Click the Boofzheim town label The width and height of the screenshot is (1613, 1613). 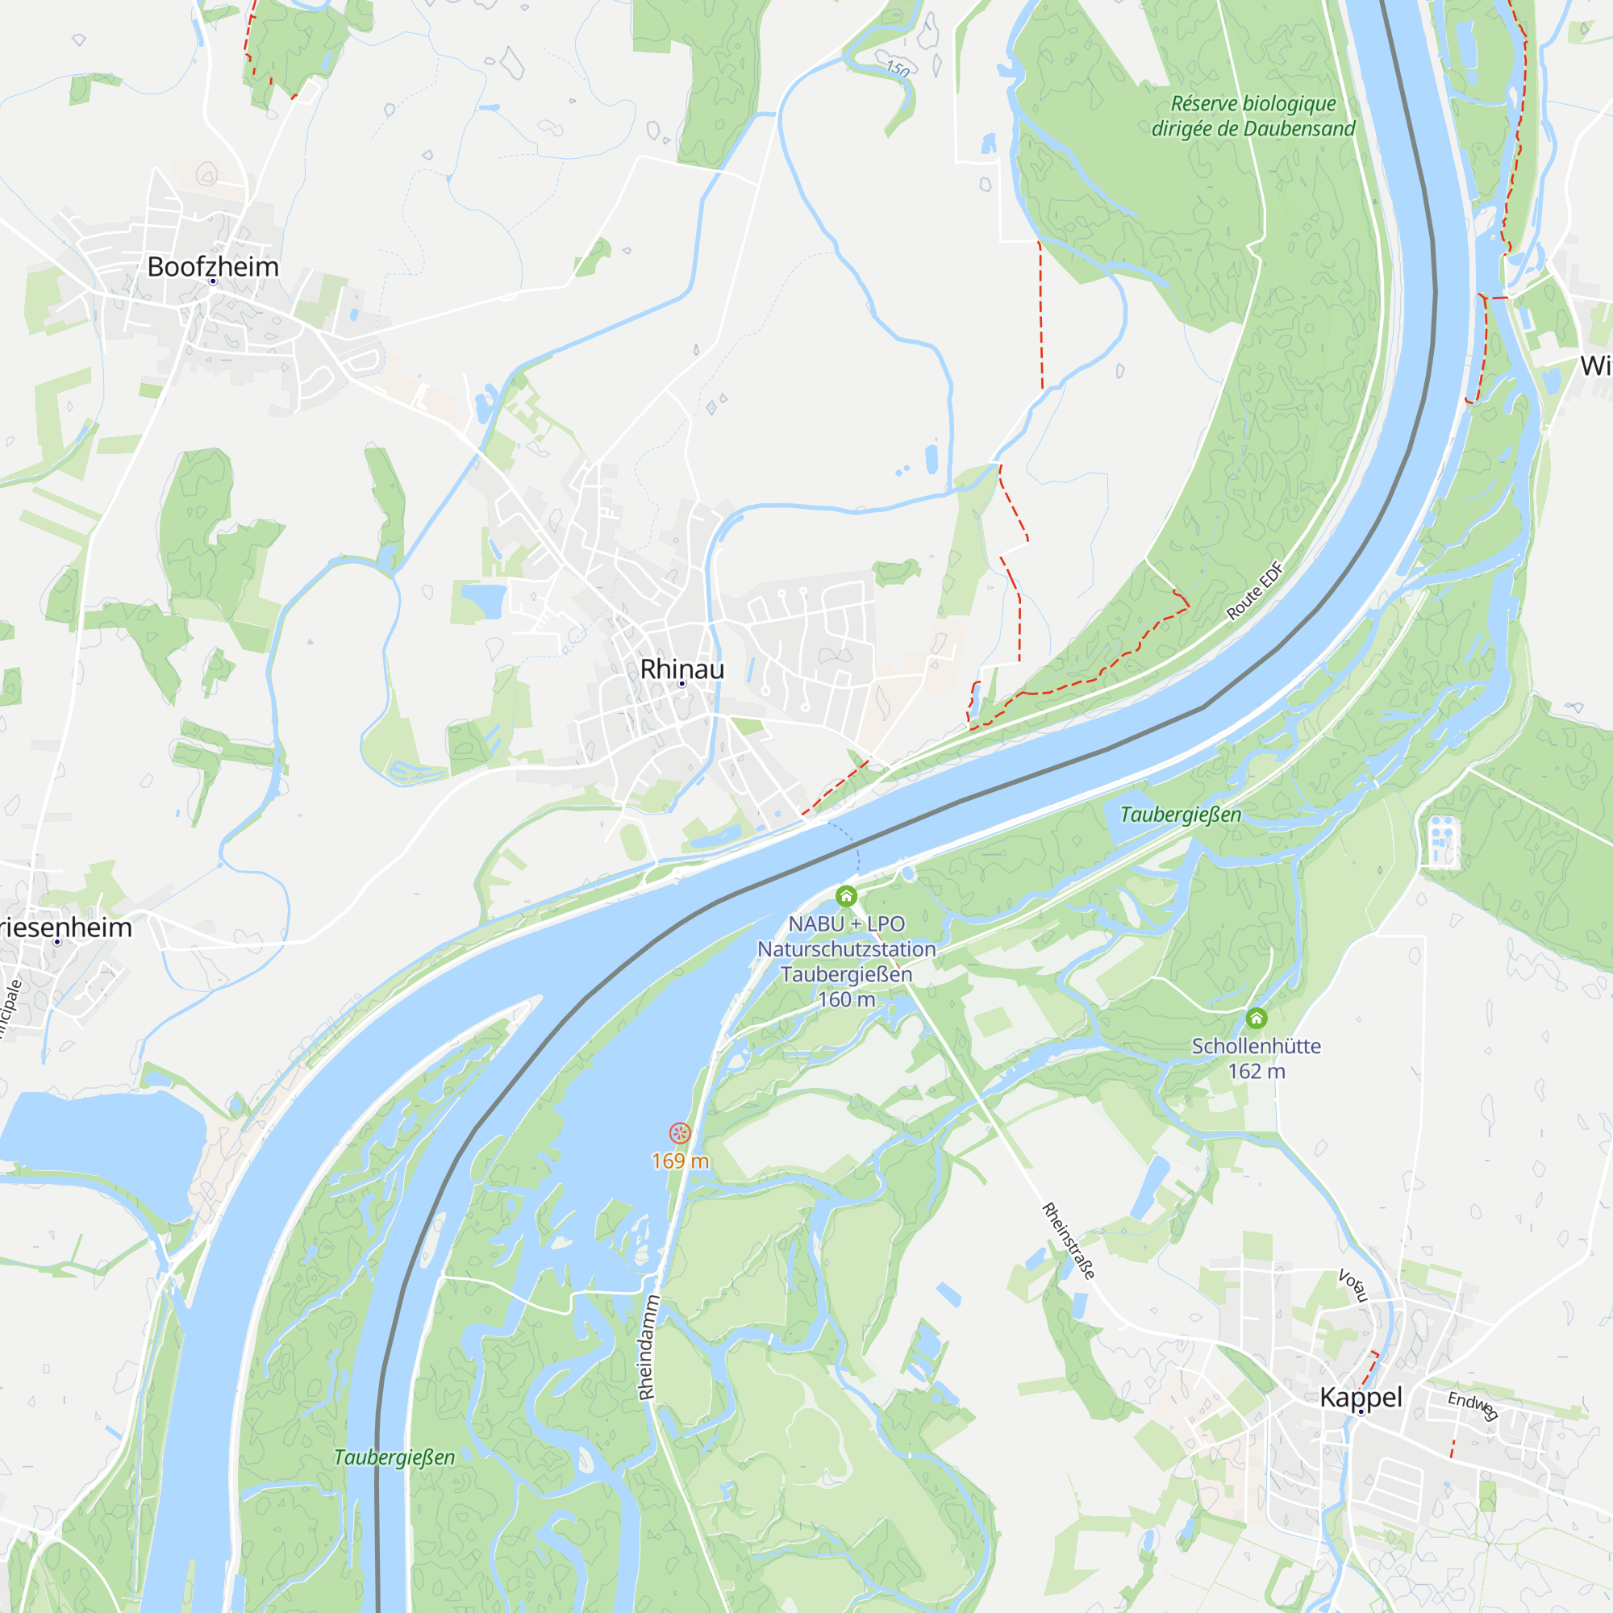coord(213,266)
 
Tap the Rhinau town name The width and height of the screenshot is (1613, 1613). coord(682,669)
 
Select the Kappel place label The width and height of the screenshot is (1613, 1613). coord(1361,1397)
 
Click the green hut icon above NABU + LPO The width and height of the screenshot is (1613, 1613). coord(847,897)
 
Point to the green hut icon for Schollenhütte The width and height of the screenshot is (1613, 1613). coord(1257,1019)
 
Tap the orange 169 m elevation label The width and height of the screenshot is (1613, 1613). coord(681,1161)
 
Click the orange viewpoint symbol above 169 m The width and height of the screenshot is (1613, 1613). coord(681,1133)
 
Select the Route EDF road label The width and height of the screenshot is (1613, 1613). coord(1254,591)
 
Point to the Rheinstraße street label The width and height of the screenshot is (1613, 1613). coord(1068,1240)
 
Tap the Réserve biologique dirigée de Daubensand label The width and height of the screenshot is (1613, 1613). coord(1253,116)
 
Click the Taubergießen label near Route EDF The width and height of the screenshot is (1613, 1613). coord(1181,814)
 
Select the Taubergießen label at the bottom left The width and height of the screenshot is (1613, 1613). coord(394,1457)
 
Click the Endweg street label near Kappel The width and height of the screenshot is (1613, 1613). coord(1473,1405)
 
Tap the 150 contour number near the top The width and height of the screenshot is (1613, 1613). coord(898,69)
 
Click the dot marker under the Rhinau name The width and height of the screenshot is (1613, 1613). coord(682,684)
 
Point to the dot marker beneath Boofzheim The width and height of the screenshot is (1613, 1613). coord(213,281)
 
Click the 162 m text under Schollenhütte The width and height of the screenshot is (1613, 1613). coord(1257,1071)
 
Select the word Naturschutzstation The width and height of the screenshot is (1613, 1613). coord(847,949)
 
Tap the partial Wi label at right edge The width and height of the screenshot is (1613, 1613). coord(1595,365)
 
